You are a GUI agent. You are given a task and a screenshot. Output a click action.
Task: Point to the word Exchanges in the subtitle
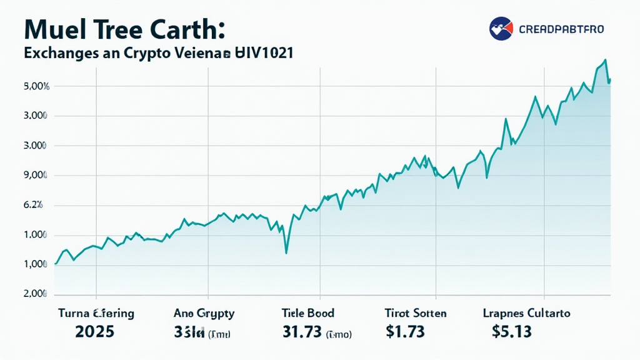pos(61,54)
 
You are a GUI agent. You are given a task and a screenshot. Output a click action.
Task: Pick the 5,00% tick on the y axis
pos(37,86)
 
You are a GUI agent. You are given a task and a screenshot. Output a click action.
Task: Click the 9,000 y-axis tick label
pos(37,176)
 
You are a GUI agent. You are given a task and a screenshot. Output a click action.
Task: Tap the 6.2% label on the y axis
pos(34,205)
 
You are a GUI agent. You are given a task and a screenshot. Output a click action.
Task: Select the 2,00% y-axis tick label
pos(37,294)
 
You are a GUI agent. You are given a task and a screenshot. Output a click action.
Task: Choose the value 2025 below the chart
pos(94,332)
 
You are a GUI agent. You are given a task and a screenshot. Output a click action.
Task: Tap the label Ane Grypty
pos(204,313)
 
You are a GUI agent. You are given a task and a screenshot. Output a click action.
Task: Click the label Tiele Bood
pos(307,313)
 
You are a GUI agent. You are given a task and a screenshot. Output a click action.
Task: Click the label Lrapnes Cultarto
pos(527,313)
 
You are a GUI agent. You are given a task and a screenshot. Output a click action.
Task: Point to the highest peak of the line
pos(605,60)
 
